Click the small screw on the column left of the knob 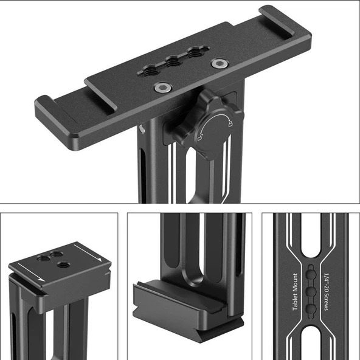pyautogui.click(x=142, y=128)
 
